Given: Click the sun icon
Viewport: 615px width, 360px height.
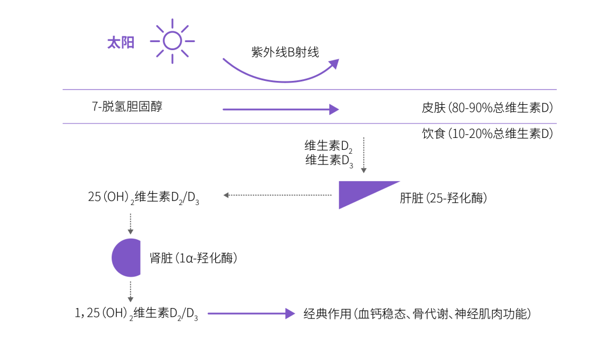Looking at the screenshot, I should click(x=173, y=41).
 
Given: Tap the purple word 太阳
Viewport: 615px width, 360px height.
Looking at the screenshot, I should click(x=121, y=43).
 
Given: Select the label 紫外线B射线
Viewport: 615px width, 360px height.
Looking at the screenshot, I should click(x=285, y=52).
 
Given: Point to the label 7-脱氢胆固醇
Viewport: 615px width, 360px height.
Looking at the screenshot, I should click(x=127, y=106).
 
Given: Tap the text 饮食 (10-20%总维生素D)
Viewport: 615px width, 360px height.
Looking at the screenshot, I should click(x=487, y=134).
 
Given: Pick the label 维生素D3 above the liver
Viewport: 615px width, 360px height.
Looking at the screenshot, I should click(x=329, y=161).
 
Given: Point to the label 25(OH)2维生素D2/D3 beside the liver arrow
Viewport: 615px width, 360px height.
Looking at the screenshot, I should click(x=143, y=198).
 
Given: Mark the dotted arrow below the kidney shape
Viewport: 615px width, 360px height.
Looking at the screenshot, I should click(x=130, y=290).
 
